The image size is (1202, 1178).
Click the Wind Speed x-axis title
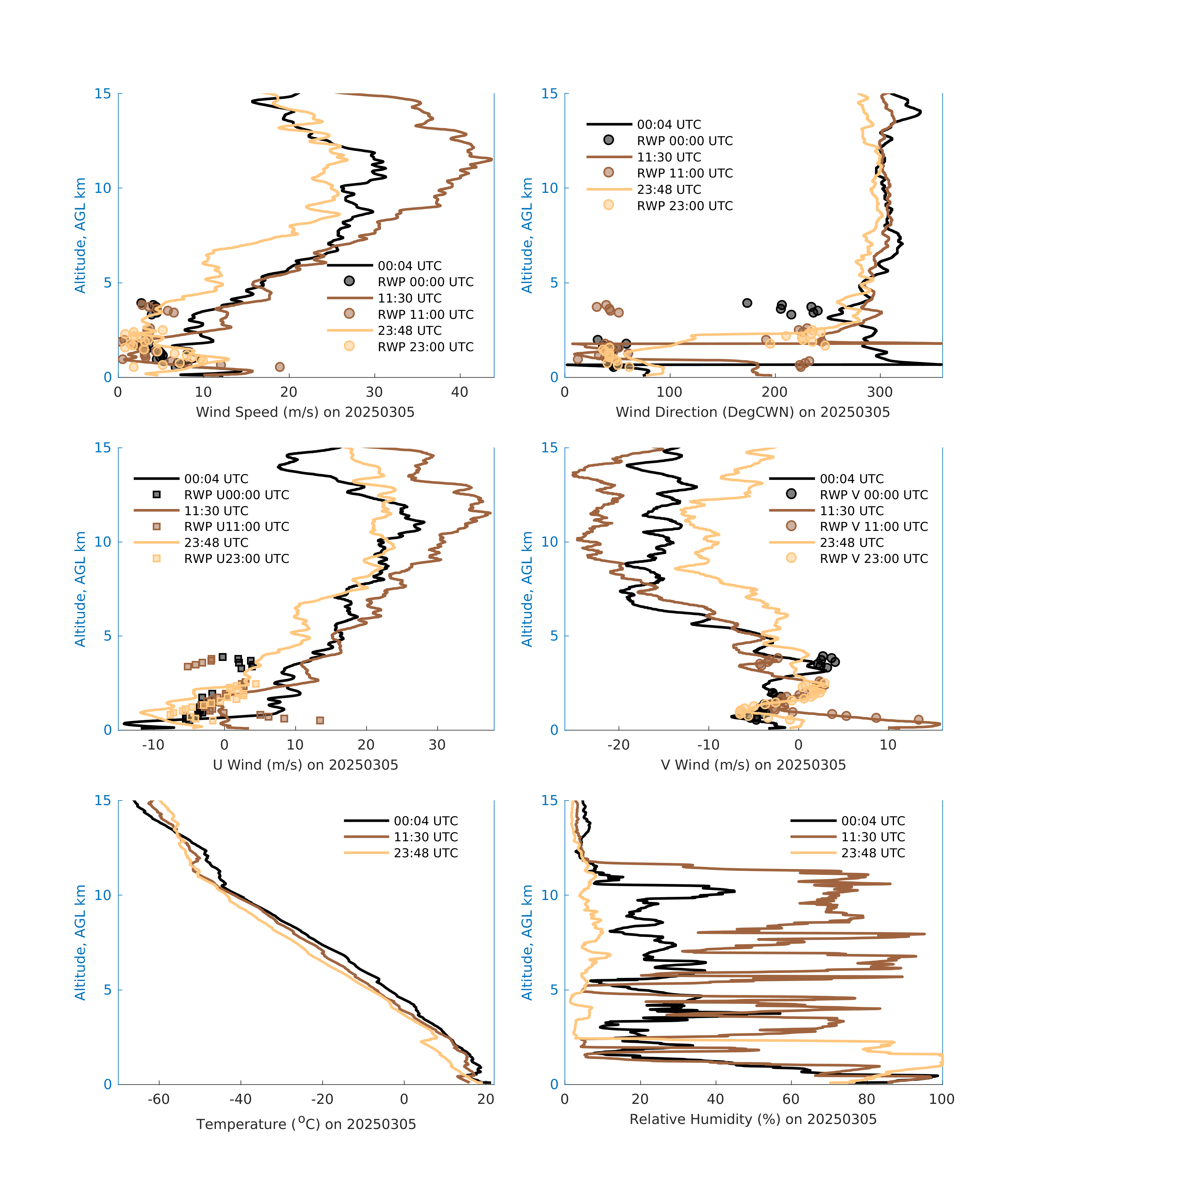[x=305, y=412]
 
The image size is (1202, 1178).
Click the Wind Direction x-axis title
[x=753, y=412]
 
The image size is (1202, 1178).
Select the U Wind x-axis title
[x=305, y=765]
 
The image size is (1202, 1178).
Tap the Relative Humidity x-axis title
[x=753, y=1119]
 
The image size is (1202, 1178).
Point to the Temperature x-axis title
[x=306, y=1124]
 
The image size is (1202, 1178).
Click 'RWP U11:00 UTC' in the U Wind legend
[x=236, y=526]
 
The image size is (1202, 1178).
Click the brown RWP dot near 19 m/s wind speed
[x=280, y=367]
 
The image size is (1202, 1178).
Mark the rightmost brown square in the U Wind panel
[x=320, y=720]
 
